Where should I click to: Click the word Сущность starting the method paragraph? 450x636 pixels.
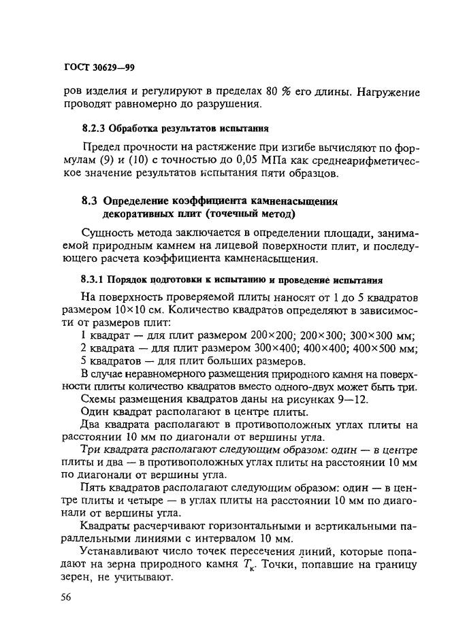point(106,234)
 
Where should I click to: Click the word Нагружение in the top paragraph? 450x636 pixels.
point(388,92)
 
